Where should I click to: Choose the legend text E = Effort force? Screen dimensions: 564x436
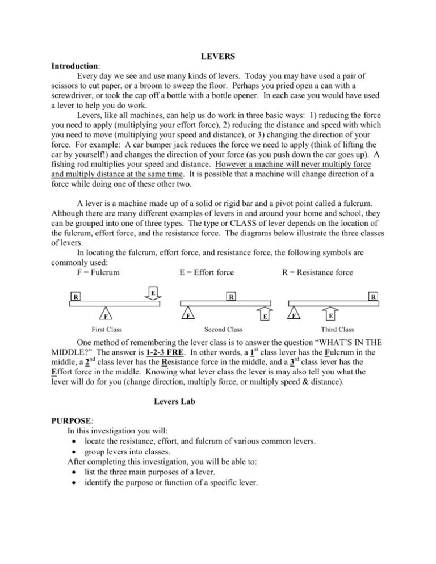point(206,272)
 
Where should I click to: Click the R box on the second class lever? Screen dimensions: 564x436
point(230,296)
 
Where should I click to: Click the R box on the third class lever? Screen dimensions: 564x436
point(372,296)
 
